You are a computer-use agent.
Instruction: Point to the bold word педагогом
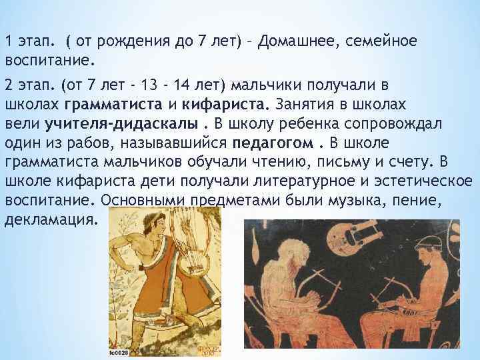coord(272,143)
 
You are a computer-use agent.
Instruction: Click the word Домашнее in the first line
coord(299,42)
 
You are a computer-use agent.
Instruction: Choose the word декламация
coord(51,218)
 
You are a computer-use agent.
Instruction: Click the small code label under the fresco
coord(123,353)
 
